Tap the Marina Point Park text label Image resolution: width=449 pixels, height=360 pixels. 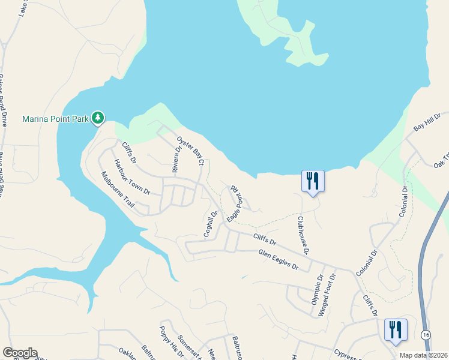(x=56, y=119)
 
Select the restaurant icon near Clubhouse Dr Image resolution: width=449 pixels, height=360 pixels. (x=313, y=181)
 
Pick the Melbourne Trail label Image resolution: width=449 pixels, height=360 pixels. (x=118, y=189)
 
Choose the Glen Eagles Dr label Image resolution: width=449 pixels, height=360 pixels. (x=278, y=260)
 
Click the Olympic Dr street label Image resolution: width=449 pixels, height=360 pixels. (x=317, y=288)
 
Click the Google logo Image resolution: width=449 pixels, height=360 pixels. (x=20, y=353)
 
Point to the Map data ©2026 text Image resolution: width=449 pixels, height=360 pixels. (x=423, y=355)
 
